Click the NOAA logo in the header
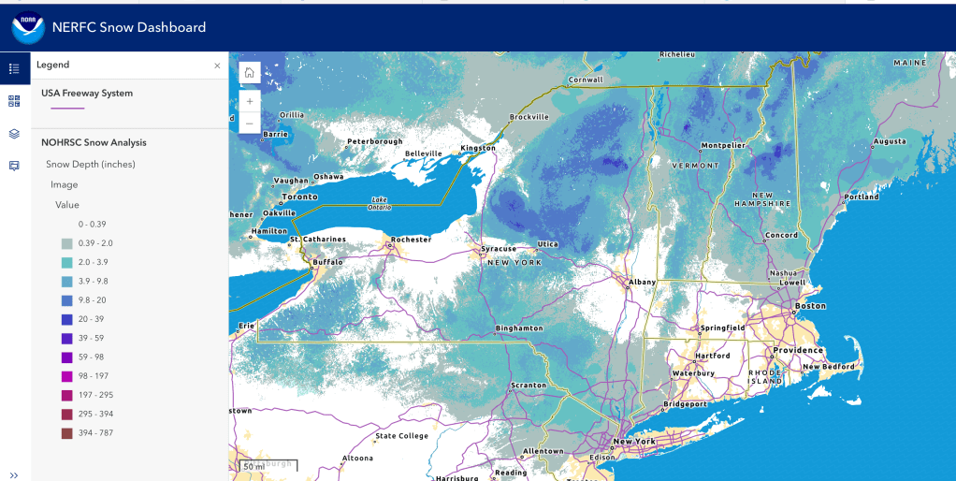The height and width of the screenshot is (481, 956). tap(28, 28)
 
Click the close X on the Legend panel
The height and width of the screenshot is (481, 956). tap(217, 66)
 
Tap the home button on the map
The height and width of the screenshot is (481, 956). tap(249, 73)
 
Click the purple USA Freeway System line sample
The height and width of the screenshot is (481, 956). tap(67, 109)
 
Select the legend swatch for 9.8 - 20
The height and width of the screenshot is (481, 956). tap(66, 300)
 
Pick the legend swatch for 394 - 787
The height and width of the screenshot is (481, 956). tap(66, 432)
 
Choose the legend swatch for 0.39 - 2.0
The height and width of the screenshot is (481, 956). tap(66, 243)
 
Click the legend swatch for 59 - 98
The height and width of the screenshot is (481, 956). tap(66, 357)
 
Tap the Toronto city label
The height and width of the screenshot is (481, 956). tap(300, 197)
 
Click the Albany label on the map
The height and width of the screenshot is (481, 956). tap(643, 282)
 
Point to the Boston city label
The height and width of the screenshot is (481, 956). tap(810, 306)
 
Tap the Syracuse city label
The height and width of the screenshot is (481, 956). tap(499, 249)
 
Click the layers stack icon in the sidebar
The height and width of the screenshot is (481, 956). tap(14, 134)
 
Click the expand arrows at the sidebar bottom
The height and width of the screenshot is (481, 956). tap(14, 474)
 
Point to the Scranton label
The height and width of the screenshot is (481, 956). tap(529, 386)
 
